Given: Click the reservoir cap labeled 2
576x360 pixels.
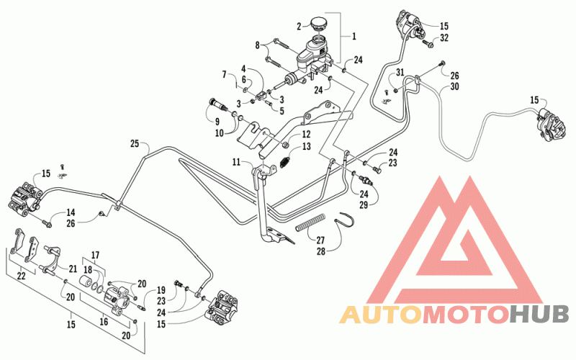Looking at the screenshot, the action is [x=318, y=24].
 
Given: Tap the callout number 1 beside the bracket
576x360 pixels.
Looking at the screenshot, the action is [x=354, y=36].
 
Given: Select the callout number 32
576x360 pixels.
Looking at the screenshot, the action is [x=444, y=37].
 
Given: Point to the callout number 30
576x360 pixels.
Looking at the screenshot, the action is [x=455, y=86].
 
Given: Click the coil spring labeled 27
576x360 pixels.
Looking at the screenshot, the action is [x=310, y=223].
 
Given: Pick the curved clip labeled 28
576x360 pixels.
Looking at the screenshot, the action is [x=345, y=221].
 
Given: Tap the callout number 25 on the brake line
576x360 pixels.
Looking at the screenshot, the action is [x=135, y=143].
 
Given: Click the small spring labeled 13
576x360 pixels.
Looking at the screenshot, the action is [x=285, y=161].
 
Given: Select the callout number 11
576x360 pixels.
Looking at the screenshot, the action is [x=236, y=161].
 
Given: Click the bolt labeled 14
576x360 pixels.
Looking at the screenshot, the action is [x=46, y=222].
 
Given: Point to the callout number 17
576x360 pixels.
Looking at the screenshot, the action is [x=95, y=255].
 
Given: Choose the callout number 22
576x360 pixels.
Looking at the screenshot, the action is [x=22, y=275].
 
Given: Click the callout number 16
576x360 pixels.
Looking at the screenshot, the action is [x=104, y=322].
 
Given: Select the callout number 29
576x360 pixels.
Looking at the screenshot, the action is [x=364, y=204].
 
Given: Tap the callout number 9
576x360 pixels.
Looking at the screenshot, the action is [x=217, y=122].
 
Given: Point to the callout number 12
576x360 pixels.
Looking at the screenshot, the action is [x=306, y=134].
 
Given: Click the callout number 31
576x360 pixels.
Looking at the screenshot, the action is [x=400, y=73].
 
